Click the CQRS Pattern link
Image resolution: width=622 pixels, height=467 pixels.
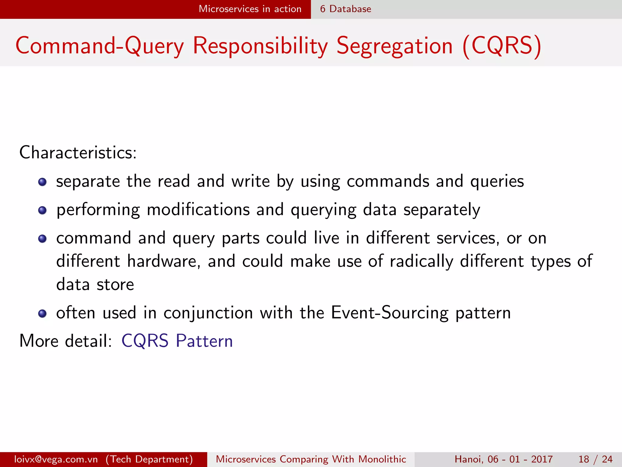coord(177,341)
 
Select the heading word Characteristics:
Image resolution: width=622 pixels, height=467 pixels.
coord(78,152)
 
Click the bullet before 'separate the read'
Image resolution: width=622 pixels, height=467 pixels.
coord(43,182)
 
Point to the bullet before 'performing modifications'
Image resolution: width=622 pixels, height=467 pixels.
coord(43,210)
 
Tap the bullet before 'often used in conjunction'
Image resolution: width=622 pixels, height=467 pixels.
coord(43,313)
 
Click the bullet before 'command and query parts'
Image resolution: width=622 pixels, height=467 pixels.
coord(43,239)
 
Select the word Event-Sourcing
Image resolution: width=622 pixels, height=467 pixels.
coord(390,313)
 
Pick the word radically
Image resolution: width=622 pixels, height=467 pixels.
coord(422,261)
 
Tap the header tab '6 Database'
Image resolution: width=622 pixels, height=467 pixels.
coord(346,9)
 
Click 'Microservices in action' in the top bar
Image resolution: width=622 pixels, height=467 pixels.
coord(250,9)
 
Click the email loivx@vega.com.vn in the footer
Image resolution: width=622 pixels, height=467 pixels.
coord(56,459)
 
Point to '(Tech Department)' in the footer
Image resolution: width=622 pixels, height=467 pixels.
coord(149,459)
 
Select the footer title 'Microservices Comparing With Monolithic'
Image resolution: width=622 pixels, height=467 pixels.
coord(311,459)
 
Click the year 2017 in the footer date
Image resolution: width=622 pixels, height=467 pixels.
coord(542,459)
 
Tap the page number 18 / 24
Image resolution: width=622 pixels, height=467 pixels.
coord(595,459)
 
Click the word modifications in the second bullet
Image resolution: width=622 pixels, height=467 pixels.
coord(198,210)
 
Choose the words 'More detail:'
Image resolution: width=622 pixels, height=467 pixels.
coord(66,341)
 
